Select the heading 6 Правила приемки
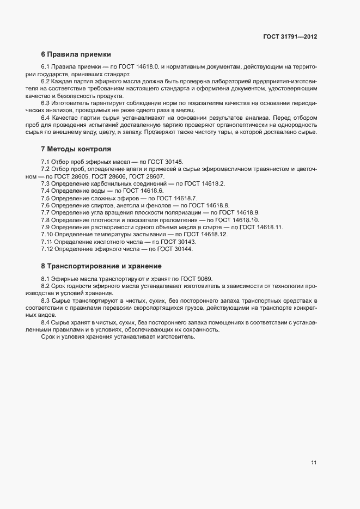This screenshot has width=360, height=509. click(76, 54)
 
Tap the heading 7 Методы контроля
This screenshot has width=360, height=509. click(76, 149)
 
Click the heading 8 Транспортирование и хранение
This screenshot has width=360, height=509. click(101, 266)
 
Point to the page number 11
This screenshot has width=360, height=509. click(314, 463)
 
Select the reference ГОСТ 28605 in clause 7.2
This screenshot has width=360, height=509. click(72, 176)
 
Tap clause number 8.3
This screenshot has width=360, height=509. click(46, 301)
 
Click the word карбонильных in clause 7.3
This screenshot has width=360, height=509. click(111, 184)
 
